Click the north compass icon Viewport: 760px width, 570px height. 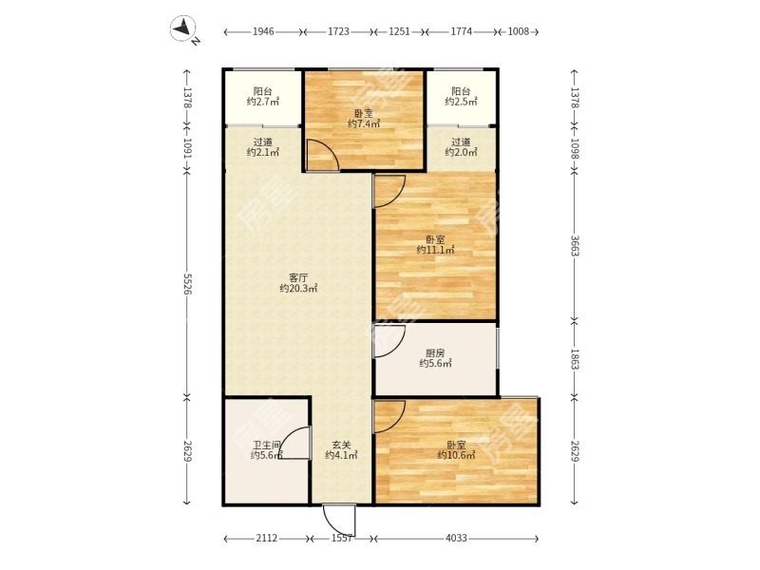[x=183, y=29]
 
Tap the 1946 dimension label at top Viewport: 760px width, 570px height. [x=263, y=32]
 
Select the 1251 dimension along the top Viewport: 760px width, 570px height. [x=399, y=32]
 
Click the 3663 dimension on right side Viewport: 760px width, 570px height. [x=575, y=246]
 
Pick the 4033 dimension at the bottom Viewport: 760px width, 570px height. [x=456, y=538]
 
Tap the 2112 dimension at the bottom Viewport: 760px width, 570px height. [x=267, y=538]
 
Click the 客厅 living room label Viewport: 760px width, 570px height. [x=298, y=277]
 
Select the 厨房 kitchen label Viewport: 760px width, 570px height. [x=435, y=353]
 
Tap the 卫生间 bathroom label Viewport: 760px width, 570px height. [x=267, y=445]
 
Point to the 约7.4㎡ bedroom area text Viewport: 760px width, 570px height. [x=364, y=124]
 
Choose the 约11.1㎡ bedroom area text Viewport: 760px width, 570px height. [x=435, y=250]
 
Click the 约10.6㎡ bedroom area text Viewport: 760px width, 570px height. [x=456, y=455]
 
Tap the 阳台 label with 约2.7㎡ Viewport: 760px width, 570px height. [x=263, y=91]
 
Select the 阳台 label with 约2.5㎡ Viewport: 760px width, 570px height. [x=461, y=91]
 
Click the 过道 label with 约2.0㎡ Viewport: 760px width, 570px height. [x=461, y=142]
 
